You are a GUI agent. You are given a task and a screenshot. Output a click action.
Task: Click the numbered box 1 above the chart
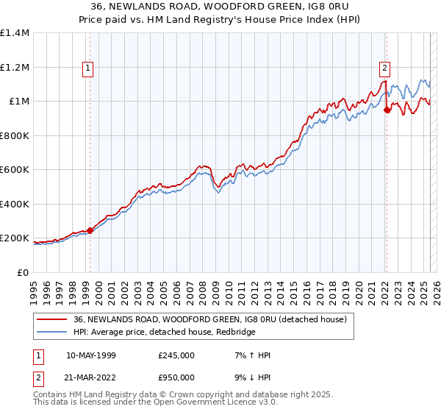[x=88, y=68]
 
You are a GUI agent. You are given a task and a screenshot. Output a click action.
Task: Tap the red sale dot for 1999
[x=90, y=230]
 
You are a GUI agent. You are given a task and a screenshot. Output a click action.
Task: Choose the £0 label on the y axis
[x=23, y=272]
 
